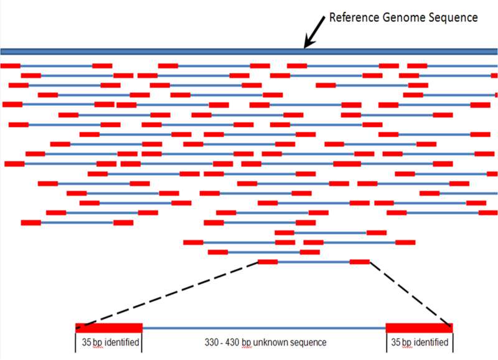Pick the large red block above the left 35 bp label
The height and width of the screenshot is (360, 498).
[x=109, y=328]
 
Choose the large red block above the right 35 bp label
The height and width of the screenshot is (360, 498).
[x=419, y=328]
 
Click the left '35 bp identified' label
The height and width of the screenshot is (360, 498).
[x=110, y=343]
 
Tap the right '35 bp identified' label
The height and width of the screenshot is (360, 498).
[x=419, y=343]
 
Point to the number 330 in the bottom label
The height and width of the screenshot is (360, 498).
[x=212, y=343]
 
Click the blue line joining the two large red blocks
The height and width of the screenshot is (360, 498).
[x=264, y=328]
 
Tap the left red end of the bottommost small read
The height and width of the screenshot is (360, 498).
[x=268, y=262]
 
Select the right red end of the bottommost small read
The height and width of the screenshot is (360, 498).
[x=359, y=262]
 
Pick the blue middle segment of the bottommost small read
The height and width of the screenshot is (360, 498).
[x=314, y=262]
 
